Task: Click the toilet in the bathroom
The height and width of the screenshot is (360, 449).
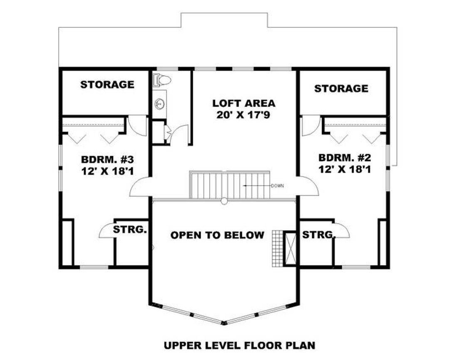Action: [160, 79]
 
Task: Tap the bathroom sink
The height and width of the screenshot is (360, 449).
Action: [159, 102]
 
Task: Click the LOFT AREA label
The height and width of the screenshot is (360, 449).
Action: [244, 103]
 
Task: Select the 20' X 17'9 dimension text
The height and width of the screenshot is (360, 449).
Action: [244, 115]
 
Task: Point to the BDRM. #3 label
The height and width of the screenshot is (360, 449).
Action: [107, 159]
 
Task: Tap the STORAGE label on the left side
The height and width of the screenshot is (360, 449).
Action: [107, 84]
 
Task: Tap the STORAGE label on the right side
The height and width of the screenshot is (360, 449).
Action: [341, 89]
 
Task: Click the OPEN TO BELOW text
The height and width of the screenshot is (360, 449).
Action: [217, 235]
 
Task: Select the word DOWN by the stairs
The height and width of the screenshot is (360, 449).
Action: [277, 186]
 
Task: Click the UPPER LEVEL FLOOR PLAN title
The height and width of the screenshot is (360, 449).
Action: [239, 345]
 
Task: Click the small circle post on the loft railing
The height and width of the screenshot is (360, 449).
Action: [224, 201]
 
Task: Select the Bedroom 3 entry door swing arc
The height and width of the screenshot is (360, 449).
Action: [140, 188]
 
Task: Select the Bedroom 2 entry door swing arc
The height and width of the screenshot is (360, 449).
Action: [308, 187]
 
